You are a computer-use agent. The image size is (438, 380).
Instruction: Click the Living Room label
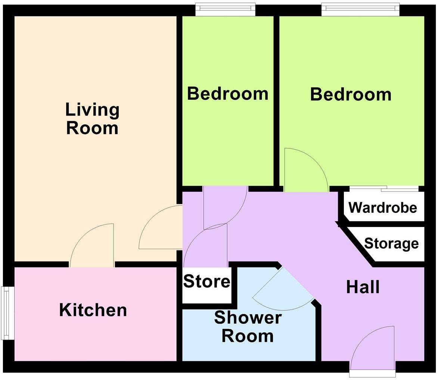click(92, 119)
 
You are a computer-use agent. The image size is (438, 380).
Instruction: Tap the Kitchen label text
click(93, 310)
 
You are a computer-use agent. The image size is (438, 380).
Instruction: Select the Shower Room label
click(248, 327)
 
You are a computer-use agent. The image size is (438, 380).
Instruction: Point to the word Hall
click(363, 287)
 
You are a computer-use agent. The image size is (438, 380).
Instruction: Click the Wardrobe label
click(383, 207)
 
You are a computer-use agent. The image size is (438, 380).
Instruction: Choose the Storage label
click(391, 243)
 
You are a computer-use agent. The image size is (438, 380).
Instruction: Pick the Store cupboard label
click(206, 281)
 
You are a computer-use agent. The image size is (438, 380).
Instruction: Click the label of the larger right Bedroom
click(351, 94)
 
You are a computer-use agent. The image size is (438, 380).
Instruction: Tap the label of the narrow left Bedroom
click(227, 93)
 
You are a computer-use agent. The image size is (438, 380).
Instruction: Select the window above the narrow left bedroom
click(225, 9)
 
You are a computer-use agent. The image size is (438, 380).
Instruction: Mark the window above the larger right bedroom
click(360, 9)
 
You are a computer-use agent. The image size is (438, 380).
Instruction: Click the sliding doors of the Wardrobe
click(384, 189)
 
